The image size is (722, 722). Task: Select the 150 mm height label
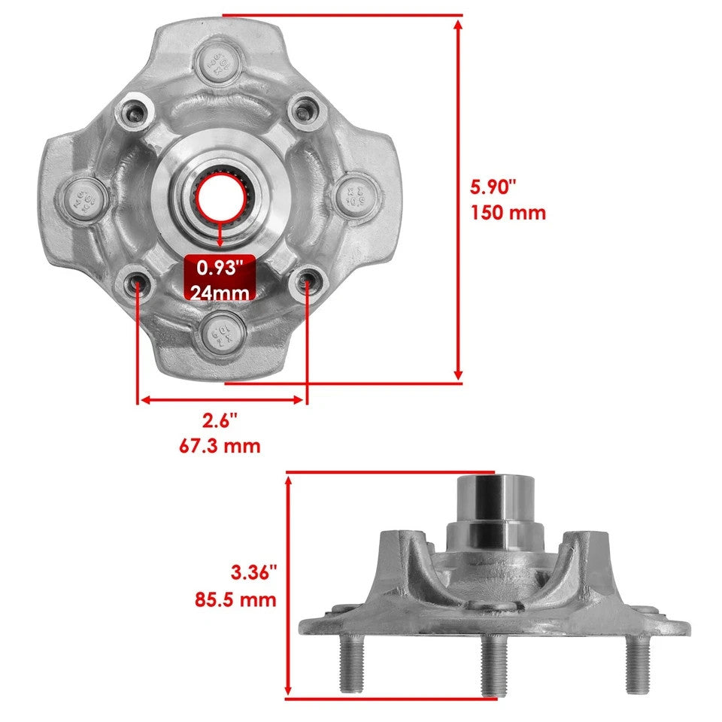point(508,213)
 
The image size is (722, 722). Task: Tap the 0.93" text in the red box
point(219,266)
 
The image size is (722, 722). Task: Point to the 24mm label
point(219,292)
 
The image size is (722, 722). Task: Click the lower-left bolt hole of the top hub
point(138,282)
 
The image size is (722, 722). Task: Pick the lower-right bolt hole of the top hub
point(307,282)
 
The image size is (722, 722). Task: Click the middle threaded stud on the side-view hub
point(493,663)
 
